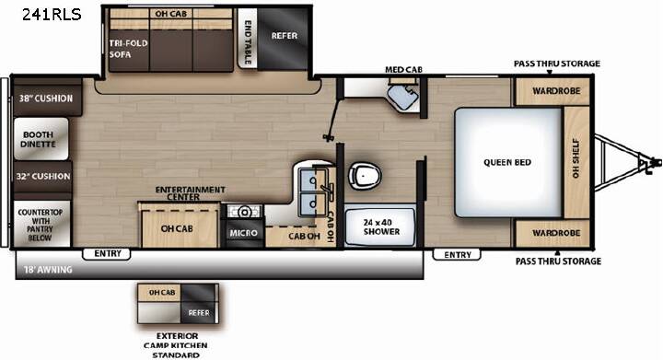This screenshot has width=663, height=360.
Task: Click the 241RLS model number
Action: (52, 15)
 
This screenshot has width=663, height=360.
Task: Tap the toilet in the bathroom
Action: (365, 175)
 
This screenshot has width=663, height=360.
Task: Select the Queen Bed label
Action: (507, 162)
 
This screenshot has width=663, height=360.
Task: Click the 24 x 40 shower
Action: (380, 226)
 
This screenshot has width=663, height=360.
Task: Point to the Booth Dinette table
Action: (41, 139)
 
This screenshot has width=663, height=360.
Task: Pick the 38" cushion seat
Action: (47, 97)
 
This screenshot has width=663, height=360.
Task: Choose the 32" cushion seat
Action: (42, 176)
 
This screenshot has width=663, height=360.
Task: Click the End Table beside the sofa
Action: (248, 37)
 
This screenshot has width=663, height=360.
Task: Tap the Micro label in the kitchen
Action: (243, 233)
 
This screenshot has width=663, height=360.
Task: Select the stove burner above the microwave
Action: (243, 211)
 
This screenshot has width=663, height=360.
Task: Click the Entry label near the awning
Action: (108, 253)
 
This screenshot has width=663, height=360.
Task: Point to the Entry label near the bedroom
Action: (458, 254)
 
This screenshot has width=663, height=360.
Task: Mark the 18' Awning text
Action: (48, 270)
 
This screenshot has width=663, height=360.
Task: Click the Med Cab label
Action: (403, 69)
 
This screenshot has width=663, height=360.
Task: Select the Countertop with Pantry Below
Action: (41, 224)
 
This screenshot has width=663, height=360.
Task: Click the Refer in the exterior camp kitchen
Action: (199, 313)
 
